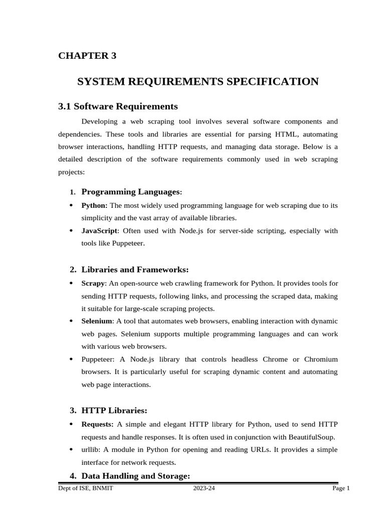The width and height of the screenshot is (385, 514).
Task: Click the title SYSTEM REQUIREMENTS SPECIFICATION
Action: [198, 81]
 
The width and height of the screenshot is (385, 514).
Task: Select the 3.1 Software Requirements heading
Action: [118, 106]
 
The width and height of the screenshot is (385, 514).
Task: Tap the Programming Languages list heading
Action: [130, 192]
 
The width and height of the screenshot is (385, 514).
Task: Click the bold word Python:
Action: [94, 205]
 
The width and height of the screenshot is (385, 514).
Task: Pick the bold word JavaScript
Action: [99, 231]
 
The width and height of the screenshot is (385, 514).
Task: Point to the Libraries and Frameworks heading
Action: [135, 270]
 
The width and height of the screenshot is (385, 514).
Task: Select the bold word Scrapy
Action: [93, 284]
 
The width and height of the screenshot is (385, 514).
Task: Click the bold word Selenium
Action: [97, 321]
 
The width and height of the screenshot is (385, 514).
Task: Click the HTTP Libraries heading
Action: [114, 411]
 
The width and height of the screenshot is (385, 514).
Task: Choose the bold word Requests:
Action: [97, 424]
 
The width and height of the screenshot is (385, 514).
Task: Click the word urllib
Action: [91, 450]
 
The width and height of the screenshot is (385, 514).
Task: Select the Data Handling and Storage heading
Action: [135, 475]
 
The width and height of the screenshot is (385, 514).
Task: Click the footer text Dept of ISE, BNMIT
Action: [85, 488]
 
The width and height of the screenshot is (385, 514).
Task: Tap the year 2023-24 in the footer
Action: [204, 488]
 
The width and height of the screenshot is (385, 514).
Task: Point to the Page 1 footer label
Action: [341, 488]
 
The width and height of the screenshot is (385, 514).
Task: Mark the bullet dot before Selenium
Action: [71, 321]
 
